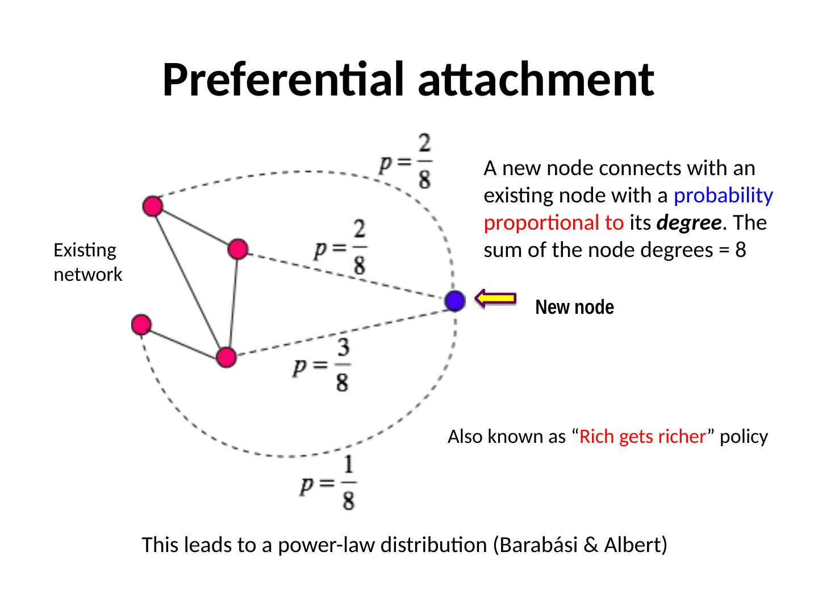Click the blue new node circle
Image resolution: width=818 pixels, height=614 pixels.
coord(454,301)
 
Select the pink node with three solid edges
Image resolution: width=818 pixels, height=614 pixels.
coord(226,357)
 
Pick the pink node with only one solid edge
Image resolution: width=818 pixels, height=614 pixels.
coord(141,325)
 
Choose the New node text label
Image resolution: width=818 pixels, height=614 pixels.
coord(574,308)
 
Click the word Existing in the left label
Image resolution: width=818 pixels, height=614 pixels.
coord(85,250)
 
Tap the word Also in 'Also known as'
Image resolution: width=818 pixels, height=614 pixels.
coord(464,437)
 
